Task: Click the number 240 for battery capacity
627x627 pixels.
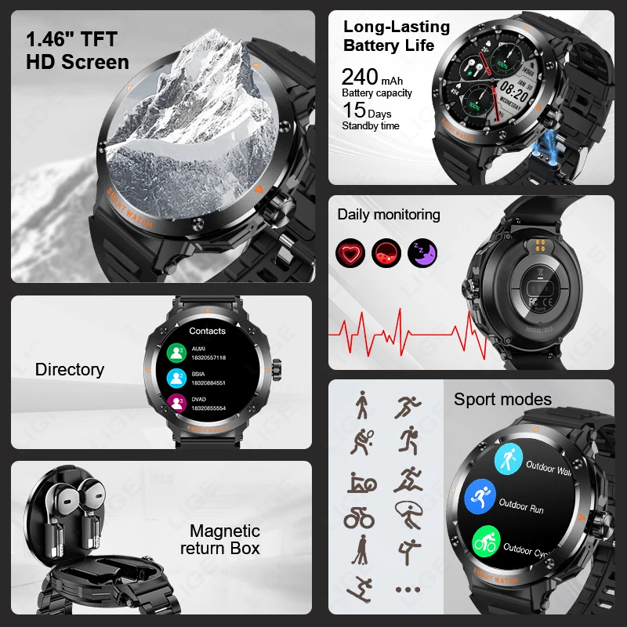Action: click(x=360, y=76)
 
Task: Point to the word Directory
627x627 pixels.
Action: click(x=70, y=369)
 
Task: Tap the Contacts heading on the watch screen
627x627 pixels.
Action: click(x=207, y=332)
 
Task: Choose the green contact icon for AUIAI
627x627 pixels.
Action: click(x=176, y=353)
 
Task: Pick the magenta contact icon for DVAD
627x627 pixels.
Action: click(x=176, y=404)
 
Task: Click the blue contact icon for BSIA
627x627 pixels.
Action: click(x=176, y=378)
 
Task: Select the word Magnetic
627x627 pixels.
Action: click(x=225, y=531)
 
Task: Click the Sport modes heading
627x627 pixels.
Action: click(x=502, y=400)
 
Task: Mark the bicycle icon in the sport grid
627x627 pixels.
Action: click(x=359, y=517)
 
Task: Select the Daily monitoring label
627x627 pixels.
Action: click(x=389, y=215)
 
